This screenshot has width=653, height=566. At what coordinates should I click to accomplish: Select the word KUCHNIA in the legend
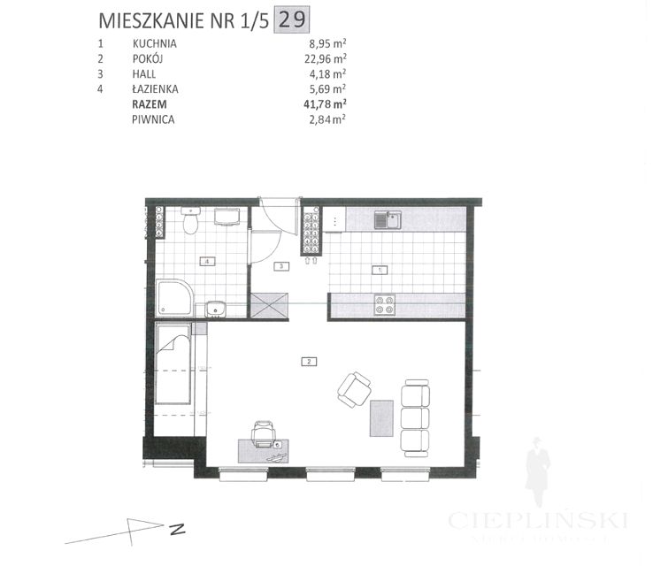(x=155, y=42)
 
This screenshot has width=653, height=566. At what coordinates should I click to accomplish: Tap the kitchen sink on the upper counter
(x=386, y=219)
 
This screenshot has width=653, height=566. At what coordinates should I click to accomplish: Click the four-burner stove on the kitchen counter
(x=385, y=304)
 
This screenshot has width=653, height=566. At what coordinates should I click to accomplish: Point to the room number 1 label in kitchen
(x=380, y=269)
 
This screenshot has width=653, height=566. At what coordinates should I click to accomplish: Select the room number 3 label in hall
(x=280, y=265)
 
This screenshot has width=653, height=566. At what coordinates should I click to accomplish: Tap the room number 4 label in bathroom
(x=206, y=262)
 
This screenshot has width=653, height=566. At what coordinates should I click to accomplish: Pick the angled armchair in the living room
(x=356, y=388)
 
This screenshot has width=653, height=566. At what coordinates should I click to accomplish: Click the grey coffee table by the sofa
(x=381, y=419)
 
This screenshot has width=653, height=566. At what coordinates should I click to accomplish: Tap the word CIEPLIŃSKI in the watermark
(x=538, y=520)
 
